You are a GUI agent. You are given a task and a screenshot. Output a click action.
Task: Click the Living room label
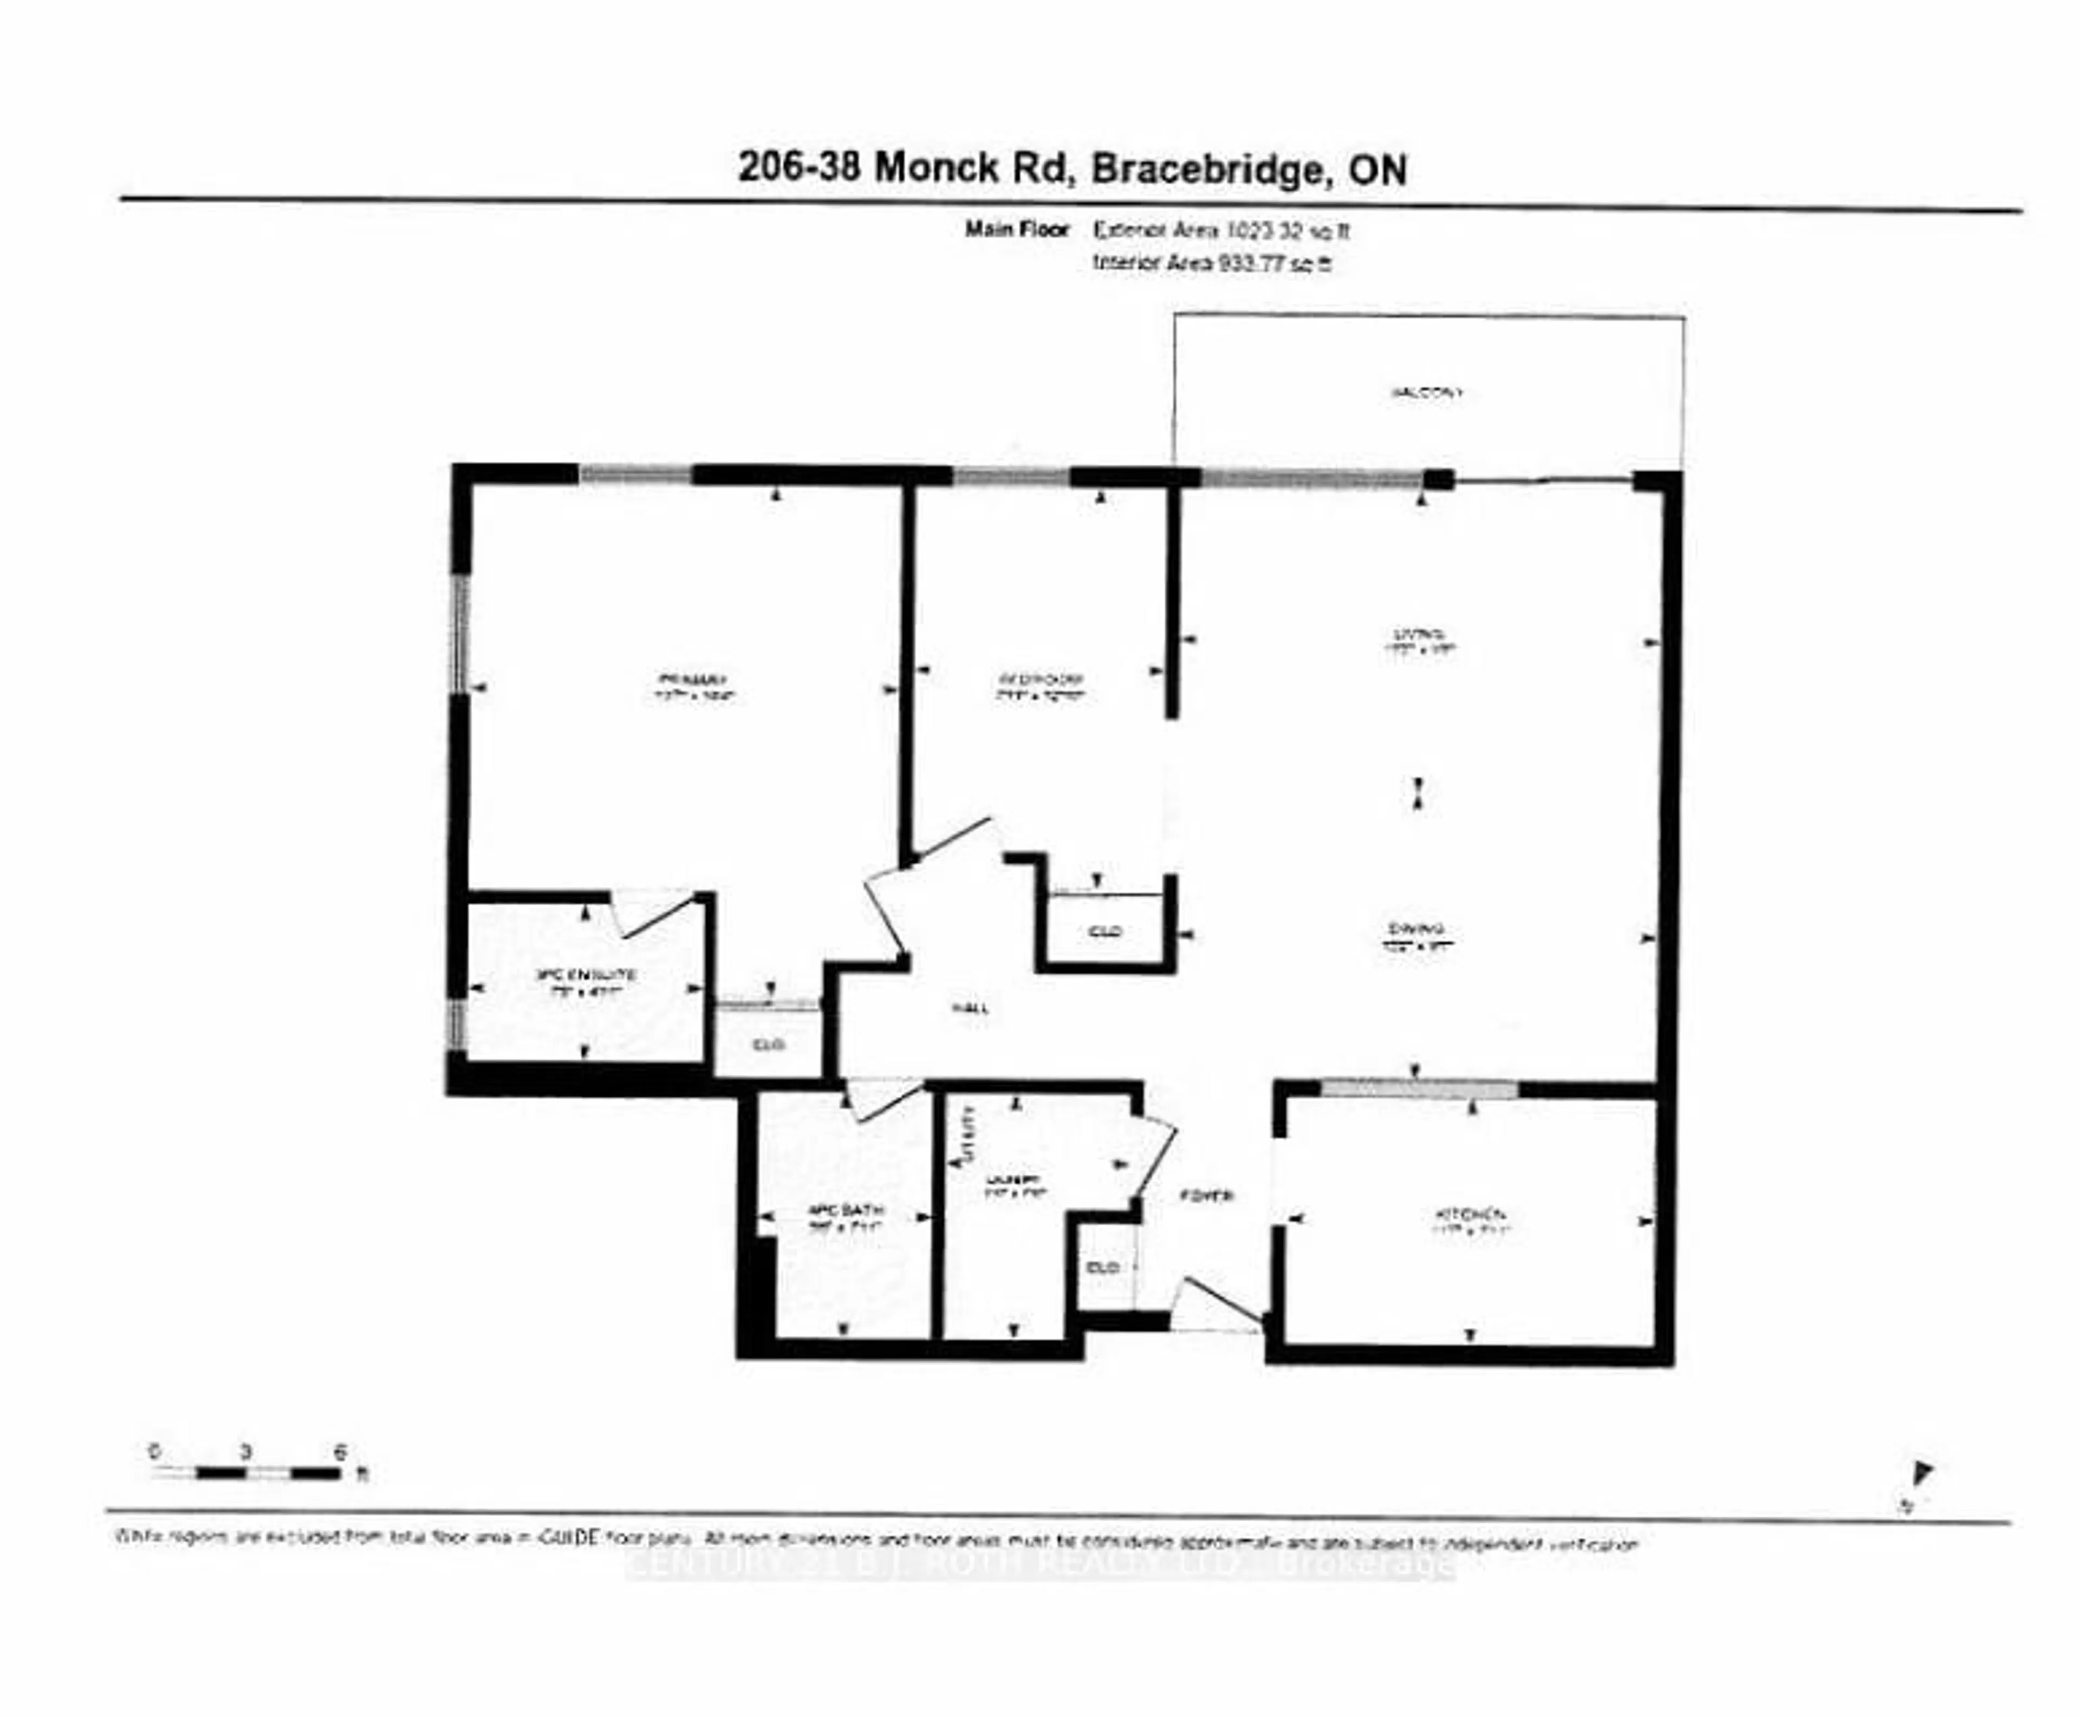(1420, 634)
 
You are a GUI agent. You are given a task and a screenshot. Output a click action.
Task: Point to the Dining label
(1416, 928)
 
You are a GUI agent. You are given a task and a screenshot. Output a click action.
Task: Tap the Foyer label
(1207, 1195)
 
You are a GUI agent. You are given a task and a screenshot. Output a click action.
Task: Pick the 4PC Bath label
(845, 1210)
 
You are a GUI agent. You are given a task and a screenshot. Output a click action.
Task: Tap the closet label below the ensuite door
(768, 1044)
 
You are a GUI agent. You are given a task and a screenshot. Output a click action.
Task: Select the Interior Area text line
(1212, 264)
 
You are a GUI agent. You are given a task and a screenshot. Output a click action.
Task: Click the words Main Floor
(1016, 230)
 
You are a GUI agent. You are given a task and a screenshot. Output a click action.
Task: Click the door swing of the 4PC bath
(883, 1099)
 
